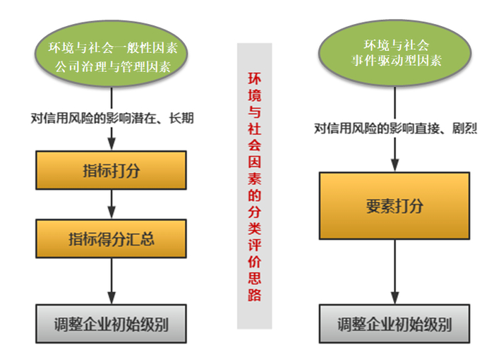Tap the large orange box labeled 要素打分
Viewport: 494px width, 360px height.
(x=394, y=206)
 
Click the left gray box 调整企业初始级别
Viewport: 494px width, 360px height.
(x=112, y=325)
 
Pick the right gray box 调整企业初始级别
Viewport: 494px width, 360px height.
(x=394, y=325)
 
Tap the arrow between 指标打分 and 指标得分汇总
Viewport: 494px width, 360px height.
(x=112, y=205)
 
